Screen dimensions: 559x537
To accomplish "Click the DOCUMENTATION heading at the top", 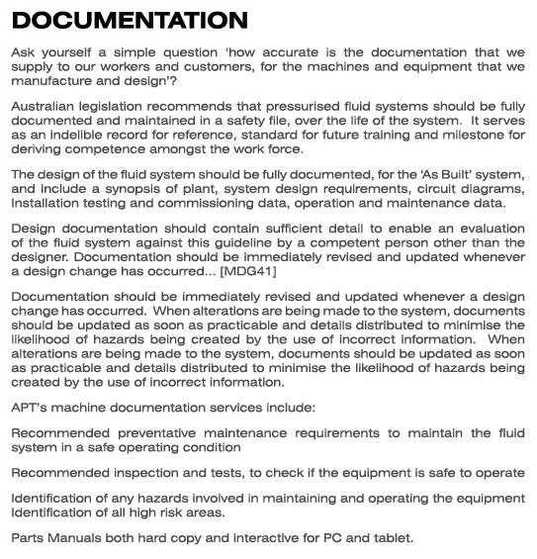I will pyautogui.click(x=130, y=20).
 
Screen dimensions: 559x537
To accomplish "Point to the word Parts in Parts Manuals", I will pyautogui.click(x=29, y=538).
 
